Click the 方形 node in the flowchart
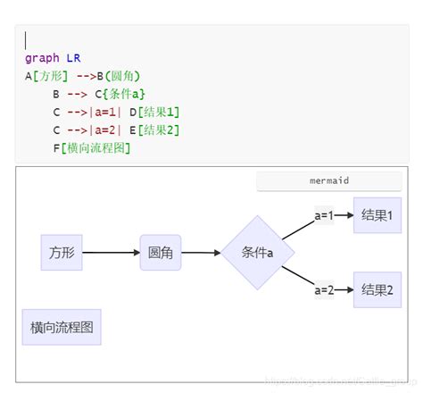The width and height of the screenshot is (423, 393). tap(62, 253)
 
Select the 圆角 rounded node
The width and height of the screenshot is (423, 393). tap(161, 253)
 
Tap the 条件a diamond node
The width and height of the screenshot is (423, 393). tap(258, 253)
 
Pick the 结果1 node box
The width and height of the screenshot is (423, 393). tap(377, 215)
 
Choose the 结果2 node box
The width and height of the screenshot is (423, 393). tap(377, 289)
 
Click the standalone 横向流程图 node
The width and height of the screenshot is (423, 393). tap(62, 327)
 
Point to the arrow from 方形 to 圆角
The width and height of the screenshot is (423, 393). tap(111, 253)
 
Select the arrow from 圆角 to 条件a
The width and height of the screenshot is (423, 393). tap(201, 253)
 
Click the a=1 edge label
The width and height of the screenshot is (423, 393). tap(324, 215)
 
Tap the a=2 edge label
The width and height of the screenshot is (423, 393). tap(324, 289)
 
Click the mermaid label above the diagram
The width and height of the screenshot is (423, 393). tap(329, 180)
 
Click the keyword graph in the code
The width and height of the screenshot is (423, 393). tap(42, 58)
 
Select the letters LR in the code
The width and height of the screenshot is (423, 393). tap(73, 58)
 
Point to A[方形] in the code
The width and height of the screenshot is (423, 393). tap(46, 76)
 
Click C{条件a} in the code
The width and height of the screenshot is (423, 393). tap(120, 94)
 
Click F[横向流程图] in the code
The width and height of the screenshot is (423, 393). tap(92, 147)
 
